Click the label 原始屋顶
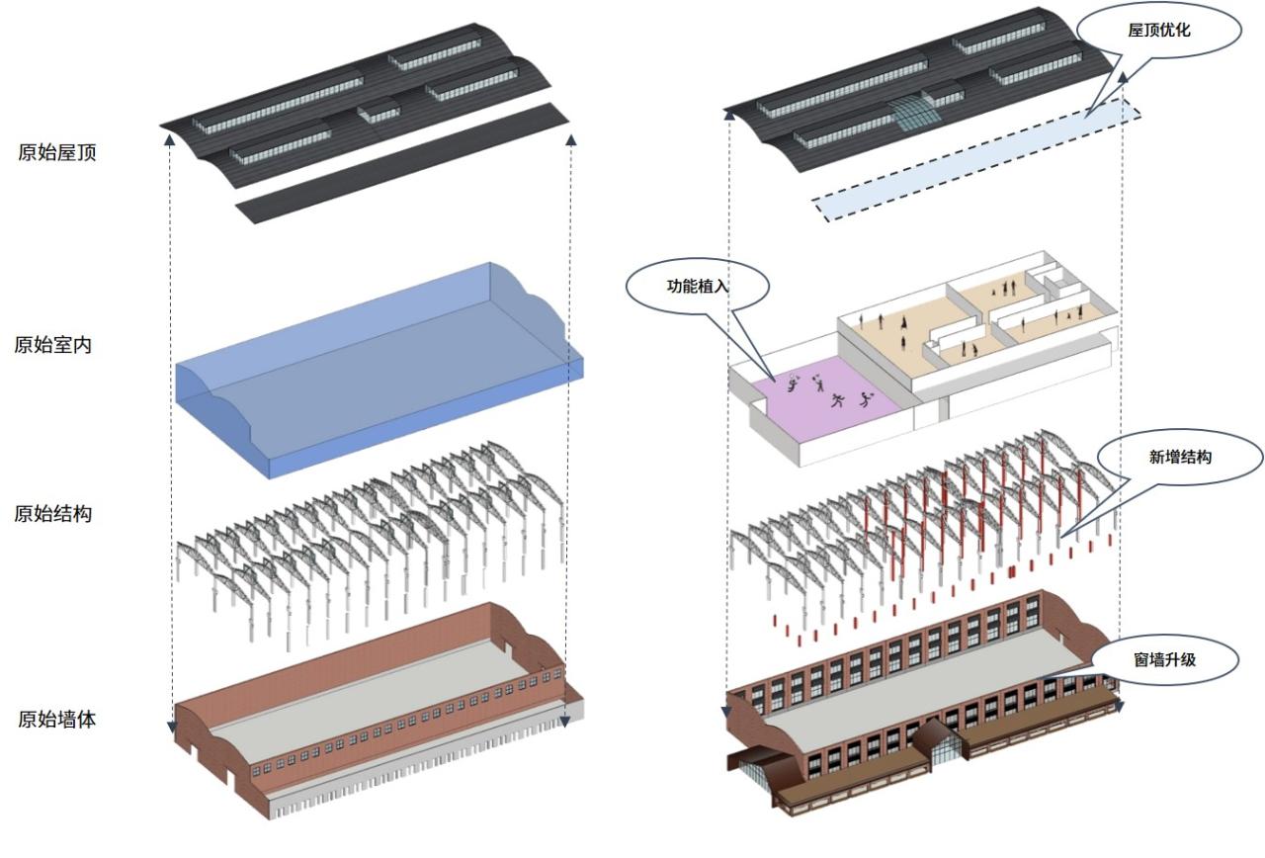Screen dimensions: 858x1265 click(57, 152)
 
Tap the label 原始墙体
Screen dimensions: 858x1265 click(57, 719)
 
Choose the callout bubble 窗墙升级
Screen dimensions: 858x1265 click(1164, 658)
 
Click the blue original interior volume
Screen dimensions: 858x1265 click(376, 376)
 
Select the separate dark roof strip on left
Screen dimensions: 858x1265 click(400, 163)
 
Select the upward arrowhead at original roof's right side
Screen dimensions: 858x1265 click(570, 142)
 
